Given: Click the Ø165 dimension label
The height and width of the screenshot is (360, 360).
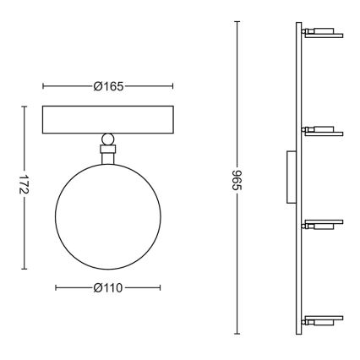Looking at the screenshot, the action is (x=108, y=86).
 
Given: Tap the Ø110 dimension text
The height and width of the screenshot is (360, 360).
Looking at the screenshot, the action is (x=108, y=288).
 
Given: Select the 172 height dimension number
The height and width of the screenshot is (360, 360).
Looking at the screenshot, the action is (x=24, y=184).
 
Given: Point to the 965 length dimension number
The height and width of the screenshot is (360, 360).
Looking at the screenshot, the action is (x=237, y=180).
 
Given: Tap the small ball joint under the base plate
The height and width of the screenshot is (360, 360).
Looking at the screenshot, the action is (x=108, y=139).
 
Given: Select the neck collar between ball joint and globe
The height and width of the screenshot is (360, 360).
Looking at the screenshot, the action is (x=108, y=154).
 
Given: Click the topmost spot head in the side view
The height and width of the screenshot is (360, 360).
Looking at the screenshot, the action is (x=323, y=33).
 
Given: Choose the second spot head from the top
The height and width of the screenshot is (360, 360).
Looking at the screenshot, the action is (x=323, y=131).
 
